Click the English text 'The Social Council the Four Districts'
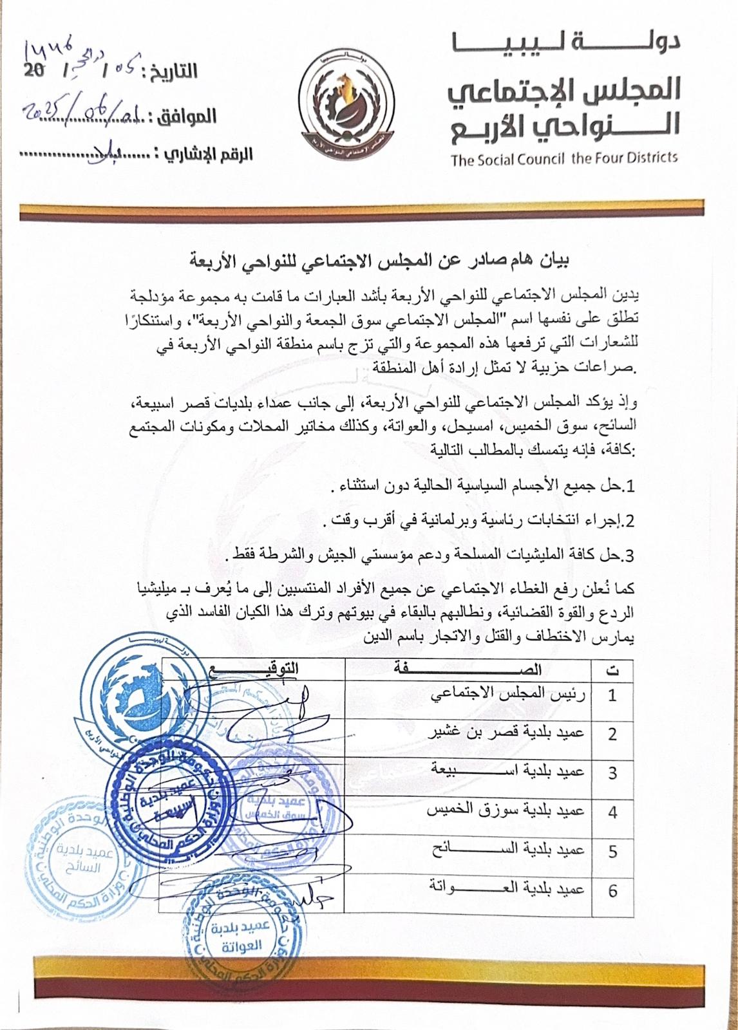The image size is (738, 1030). click(x=564, y=158)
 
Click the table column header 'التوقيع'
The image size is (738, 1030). click(x=254, y=669)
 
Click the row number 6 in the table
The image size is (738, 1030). click(x=612, y=891)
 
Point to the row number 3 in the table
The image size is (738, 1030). click(x=612, y=772)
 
